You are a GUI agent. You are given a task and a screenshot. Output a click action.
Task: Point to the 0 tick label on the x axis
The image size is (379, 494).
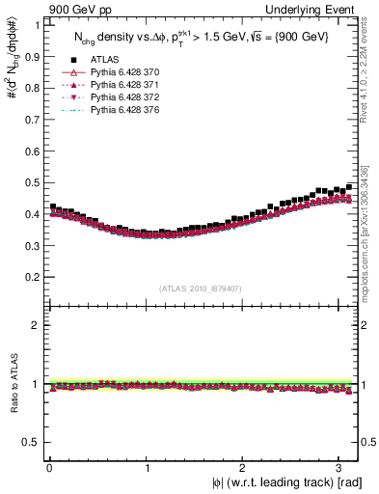click(49, 468)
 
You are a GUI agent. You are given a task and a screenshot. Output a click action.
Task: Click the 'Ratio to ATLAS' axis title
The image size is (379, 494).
click(13, 386)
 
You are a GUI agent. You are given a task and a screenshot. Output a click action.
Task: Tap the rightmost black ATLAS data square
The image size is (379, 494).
click(349, 186)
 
